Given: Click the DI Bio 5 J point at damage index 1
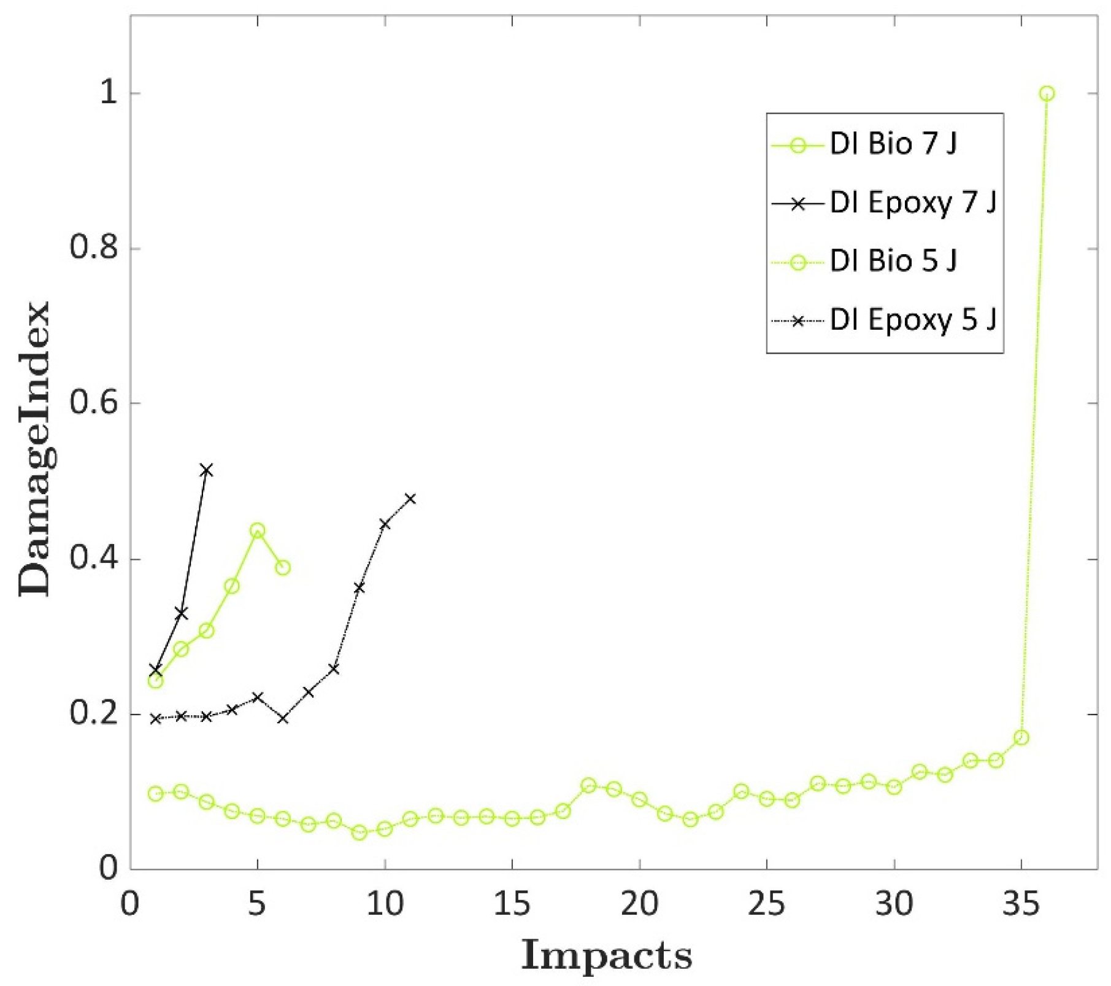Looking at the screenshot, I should point(1047,93).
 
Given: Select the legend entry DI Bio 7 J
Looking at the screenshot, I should point(893,144).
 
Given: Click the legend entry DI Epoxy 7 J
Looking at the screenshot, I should point(912,203).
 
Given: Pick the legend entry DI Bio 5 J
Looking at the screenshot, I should point(893,261).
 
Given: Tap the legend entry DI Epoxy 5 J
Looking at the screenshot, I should point(912,320).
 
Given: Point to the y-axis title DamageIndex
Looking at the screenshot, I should point(34,448).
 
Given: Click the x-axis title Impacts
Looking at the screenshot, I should point(606,955).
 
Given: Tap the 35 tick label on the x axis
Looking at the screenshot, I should point(1021,904).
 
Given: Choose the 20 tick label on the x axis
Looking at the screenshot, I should point(639,904).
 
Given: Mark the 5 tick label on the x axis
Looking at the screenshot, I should point(257,904).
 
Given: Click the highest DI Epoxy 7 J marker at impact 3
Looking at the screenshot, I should point(207,470).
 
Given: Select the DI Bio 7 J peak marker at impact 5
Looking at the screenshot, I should point(258,530).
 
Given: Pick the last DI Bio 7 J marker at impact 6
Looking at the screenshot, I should point(283,567).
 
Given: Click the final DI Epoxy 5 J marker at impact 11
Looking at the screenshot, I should point(410,499).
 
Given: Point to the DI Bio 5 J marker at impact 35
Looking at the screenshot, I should point(1021,737).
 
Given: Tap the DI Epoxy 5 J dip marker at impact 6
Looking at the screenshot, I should point(283,718).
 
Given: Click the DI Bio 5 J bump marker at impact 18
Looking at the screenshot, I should point(588,785).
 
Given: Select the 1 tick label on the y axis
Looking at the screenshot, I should point(108,93).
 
